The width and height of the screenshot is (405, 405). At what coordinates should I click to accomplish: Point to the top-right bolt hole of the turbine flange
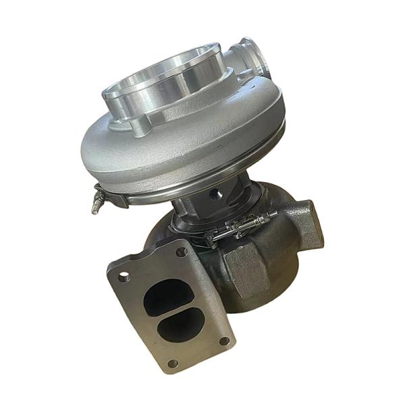point(181,252)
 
